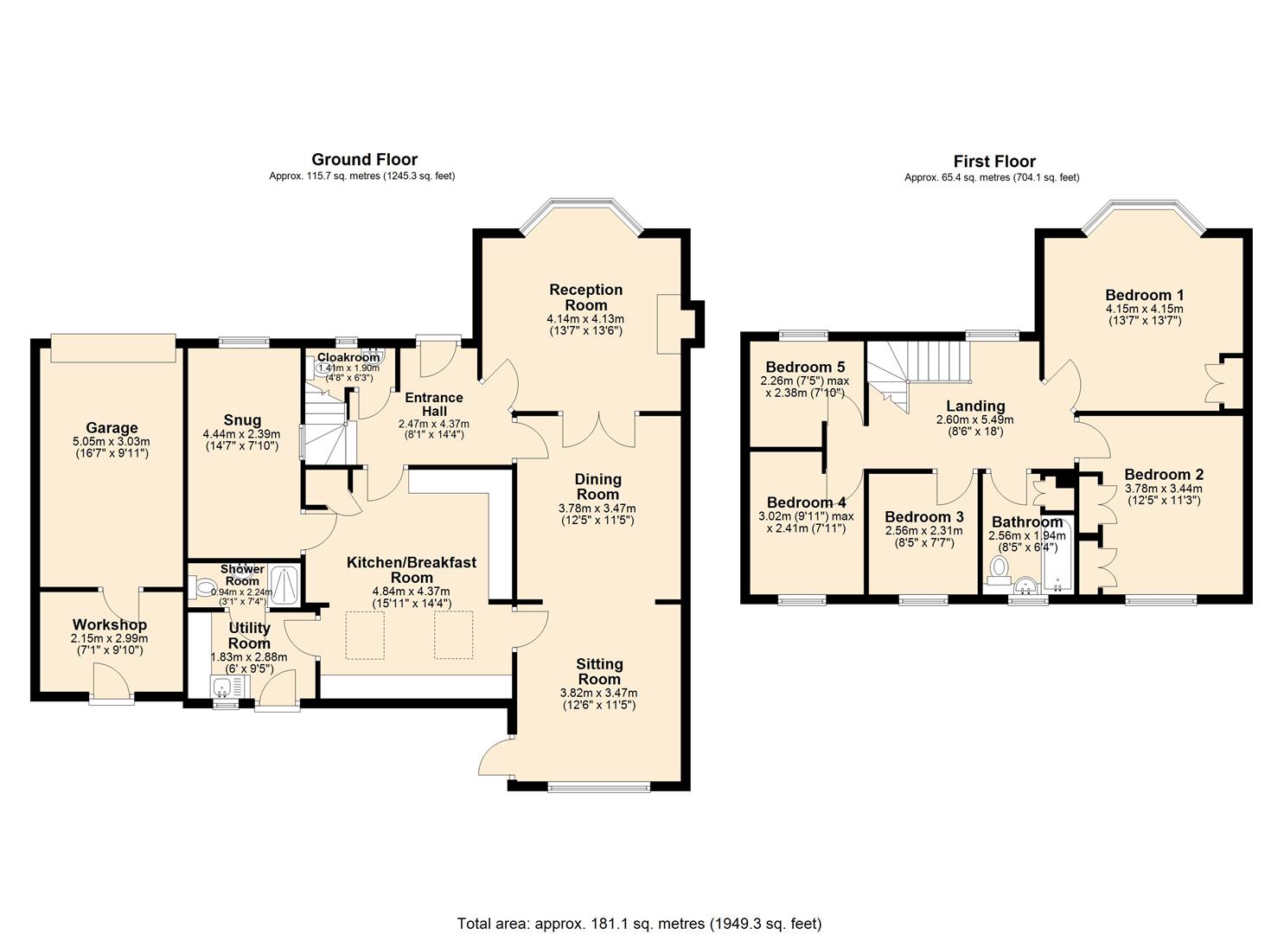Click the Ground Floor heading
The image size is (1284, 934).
tap(364, 159)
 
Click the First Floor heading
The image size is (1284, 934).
tap(993, 161)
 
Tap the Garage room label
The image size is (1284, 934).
tap(112, 428)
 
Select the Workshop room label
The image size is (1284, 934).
tap(109, 624)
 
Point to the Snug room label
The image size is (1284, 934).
tap(242, 421)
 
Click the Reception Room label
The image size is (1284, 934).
tap(585, 297)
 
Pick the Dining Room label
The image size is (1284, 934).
tap(597, 487)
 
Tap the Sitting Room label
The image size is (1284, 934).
tap(599, 672)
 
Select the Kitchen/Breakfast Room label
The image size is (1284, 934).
tap(412, 570)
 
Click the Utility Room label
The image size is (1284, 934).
tap(249, 636)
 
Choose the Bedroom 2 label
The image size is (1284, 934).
tap(1163, 475)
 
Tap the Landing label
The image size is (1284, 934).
tap(974, 406)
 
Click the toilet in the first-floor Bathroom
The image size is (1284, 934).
tap(1000, 568)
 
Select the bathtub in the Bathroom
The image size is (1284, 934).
tap(1057, 558)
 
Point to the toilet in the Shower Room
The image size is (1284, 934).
tap(203, 588)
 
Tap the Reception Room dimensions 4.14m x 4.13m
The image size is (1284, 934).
tap(585, 319)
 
